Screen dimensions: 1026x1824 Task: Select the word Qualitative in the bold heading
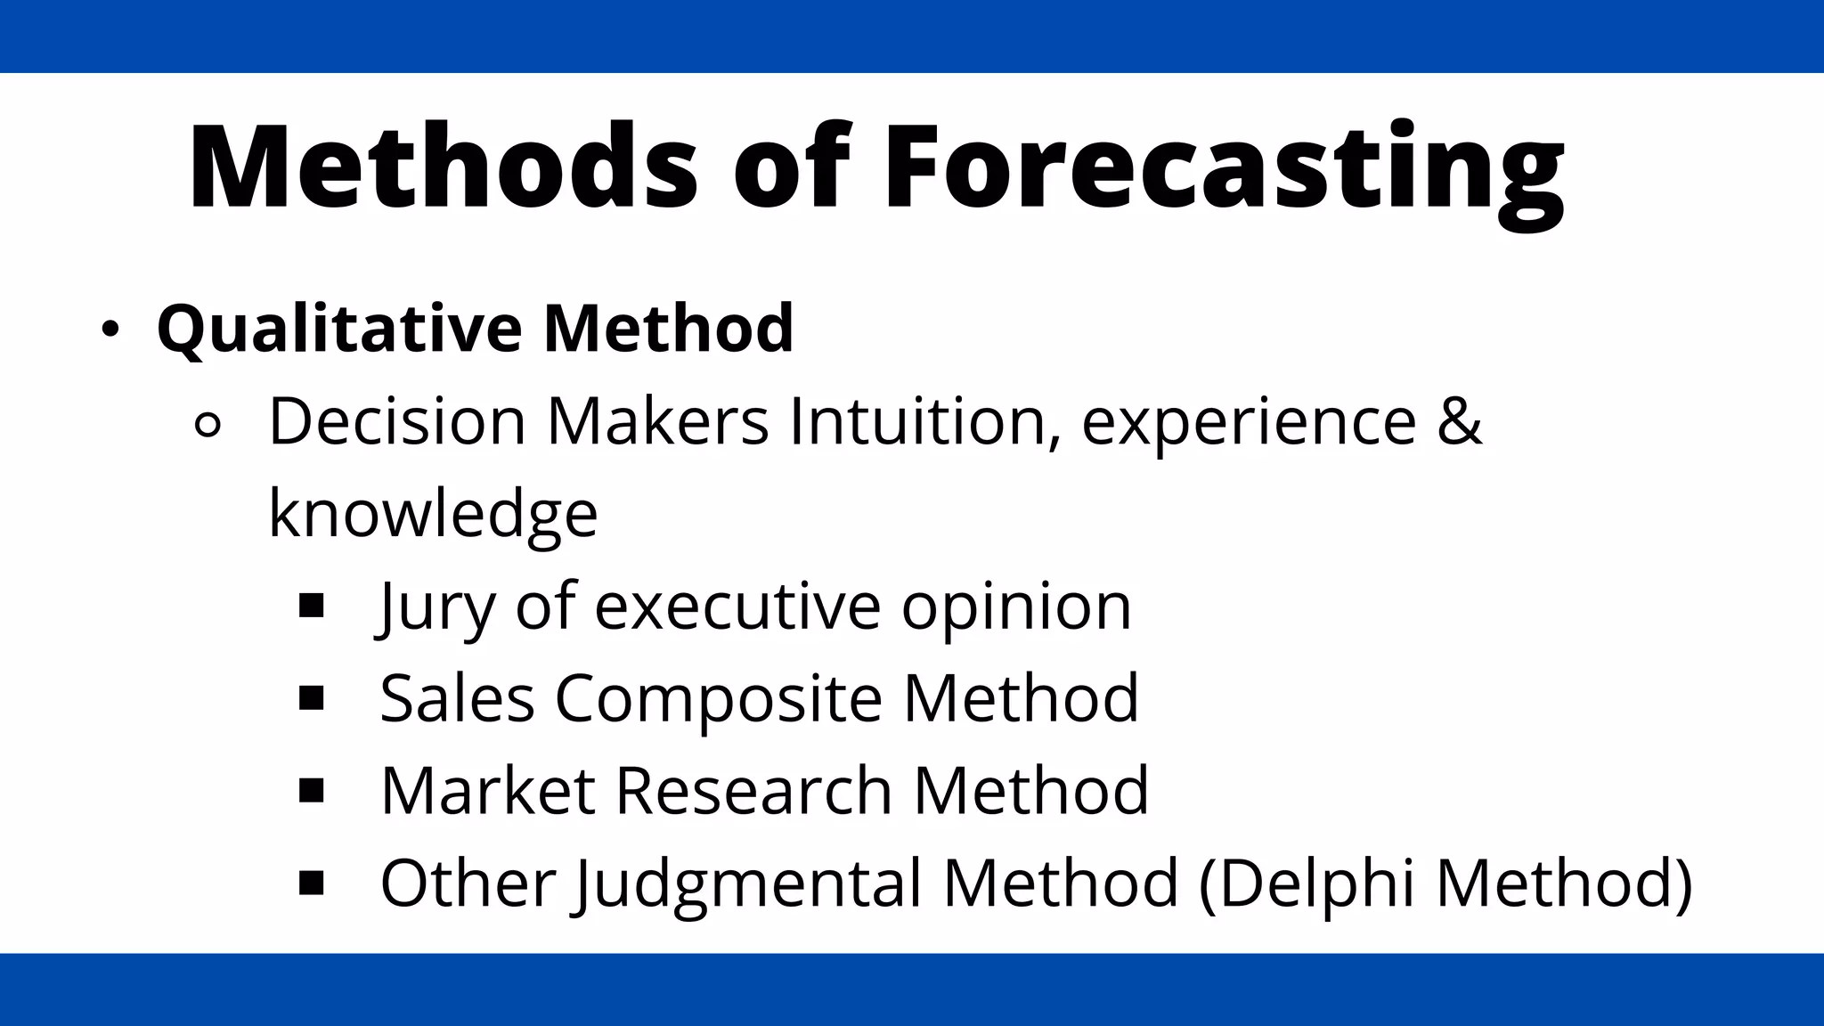click(x=338, y=329)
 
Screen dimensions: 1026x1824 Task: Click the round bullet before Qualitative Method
click(x=110, y=330)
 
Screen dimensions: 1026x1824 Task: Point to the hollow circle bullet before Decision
click(x=207, y=426)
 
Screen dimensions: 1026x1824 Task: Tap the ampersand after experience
click(x=1459, y=421)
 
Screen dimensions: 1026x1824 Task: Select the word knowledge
click(x=433, y=514)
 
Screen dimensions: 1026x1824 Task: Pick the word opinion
click(x=1015, y=607)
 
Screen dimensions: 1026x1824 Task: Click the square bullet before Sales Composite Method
click(x=312, y=698)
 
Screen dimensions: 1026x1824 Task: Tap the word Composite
click(x=718, y=698)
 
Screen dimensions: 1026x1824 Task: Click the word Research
click(x=753, y=791)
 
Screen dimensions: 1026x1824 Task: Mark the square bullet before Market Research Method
click(x=312, y=791)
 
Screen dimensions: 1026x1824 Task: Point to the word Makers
click(x=657, y=421)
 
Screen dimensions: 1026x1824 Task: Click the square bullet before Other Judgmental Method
click(x=312, y=883)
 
